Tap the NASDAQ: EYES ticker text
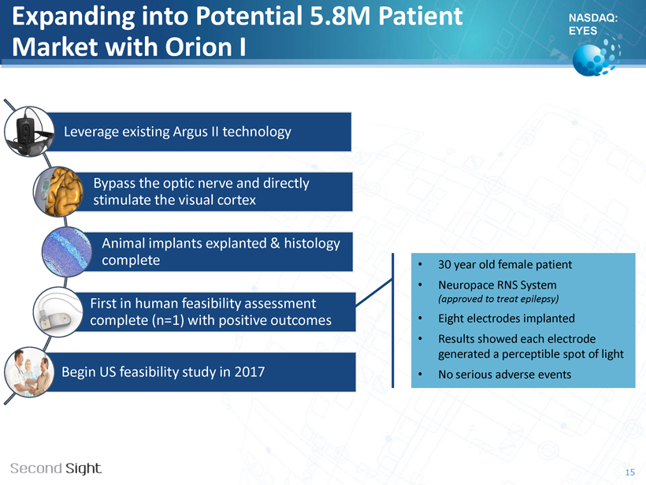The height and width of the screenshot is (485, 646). tap(593, 24)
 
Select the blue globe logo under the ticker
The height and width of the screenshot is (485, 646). tap(596, 57)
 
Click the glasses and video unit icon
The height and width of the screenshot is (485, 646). tap(29, 131)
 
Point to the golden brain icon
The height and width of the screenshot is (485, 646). tap(58, 192)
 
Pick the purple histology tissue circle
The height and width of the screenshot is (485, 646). tap(67, 252)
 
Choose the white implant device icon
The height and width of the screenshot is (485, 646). tap(58, 312)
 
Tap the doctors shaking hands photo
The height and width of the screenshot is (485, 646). tap(29, 372)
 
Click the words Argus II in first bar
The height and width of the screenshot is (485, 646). tap(195, 132)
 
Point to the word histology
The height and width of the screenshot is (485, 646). tap(312, 244)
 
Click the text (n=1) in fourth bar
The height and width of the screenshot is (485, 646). tap(168, 320)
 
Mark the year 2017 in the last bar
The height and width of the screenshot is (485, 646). tap(249, 372)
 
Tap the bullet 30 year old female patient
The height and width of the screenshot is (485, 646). tap(505, 264)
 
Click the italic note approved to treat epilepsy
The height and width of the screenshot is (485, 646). tap(499, 299)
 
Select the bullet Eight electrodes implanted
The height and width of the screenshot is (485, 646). tap(507, 319)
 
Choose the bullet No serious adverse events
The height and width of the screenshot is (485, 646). tap(505, 375)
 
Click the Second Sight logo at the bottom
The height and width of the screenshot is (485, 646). tap(56, 468)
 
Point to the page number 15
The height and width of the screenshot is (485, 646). tap(630, 472)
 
